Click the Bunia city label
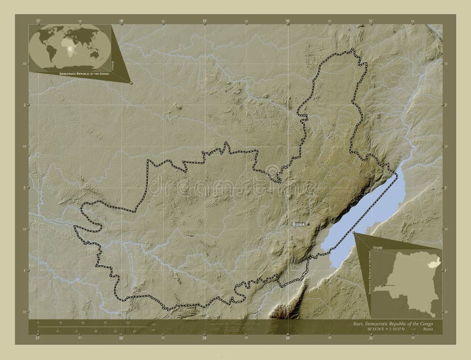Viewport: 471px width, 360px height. point(298,225)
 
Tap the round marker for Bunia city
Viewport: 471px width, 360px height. point(308,224)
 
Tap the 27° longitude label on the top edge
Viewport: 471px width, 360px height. point(38,21)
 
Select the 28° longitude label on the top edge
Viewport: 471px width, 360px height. point(121,21)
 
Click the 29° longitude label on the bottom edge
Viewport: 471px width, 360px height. point(205,338)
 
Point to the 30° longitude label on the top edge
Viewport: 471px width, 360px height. point(288,21)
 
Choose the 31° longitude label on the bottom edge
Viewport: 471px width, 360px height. point(371,338)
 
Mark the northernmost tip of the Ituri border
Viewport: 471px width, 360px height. point(352,49)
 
